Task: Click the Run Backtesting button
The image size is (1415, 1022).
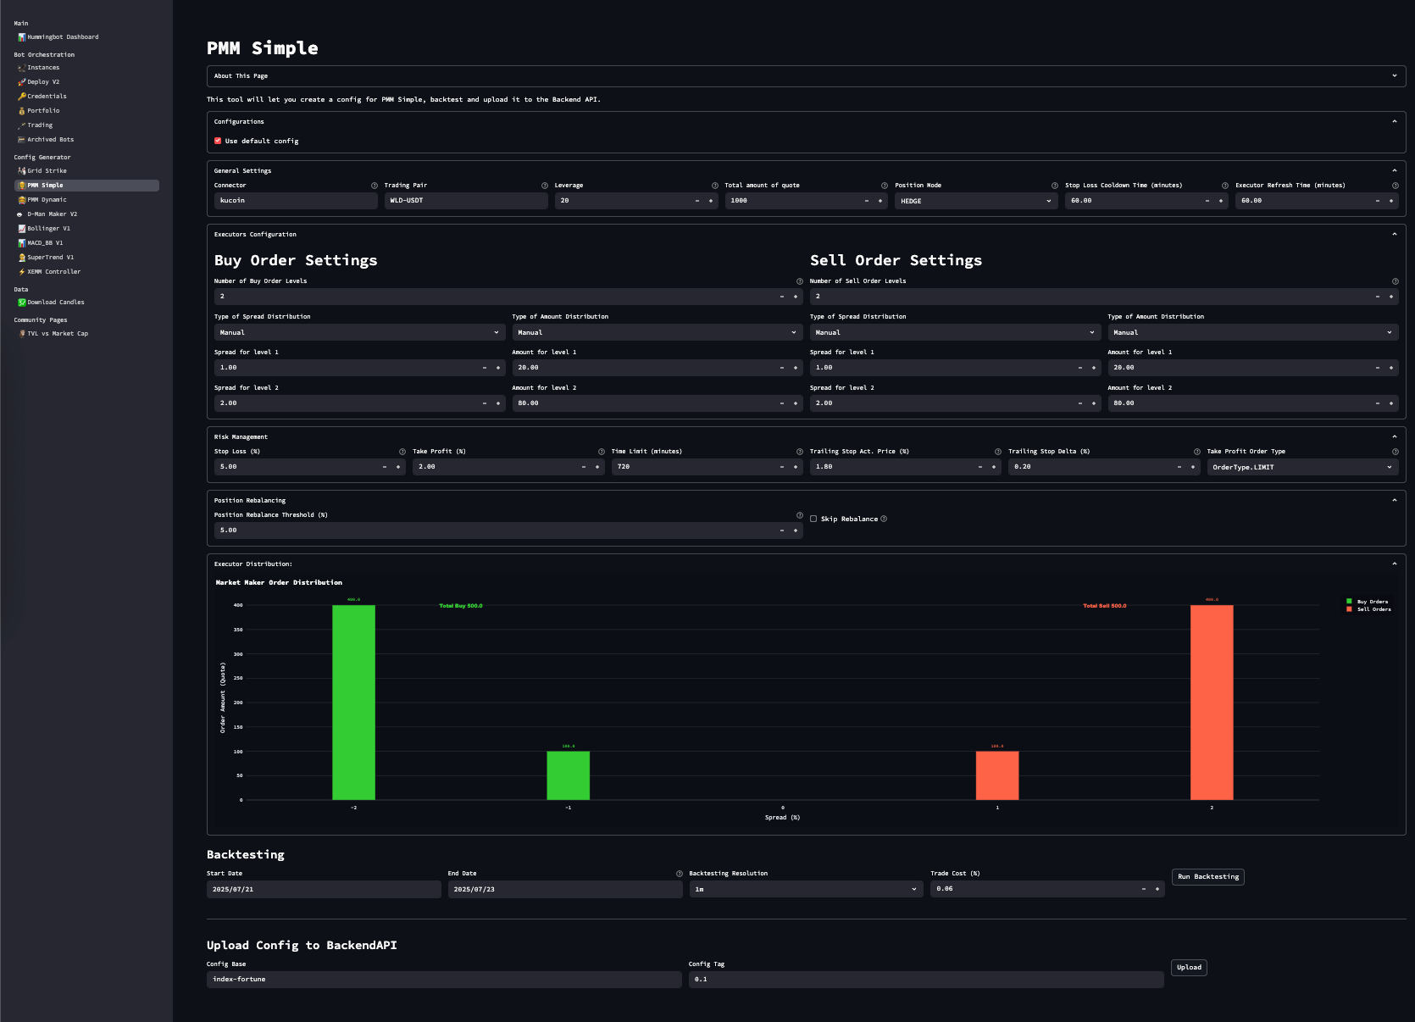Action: [x=1207, y=877]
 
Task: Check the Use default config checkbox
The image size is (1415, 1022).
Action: [x=218, y=142]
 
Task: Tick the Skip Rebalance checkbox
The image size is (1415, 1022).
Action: [x=813, y=519]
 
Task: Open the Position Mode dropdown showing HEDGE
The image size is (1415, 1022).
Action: [x=975, y=201]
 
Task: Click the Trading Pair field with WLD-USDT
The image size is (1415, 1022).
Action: [x=465, y=201]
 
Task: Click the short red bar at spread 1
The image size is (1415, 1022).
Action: [x=996, y=775]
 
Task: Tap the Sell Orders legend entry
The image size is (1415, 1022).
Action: [x=1373, y=609]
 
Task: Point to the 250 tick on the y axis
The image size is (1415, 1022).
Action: [x=238, y=678]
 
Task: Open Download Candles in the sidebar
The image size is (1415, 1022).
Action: [x=55, y=303]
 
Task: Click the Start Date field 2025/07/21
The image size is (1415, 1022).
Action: [x=323, y=890]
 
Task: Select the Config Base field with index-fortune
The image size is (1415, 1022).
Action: [x=443, y=980]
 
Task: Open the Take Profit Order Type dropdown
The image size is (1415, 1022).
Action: [x=1301, y=467]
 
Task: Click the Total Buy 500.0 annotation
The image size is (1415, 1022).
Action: [x=460, y=606]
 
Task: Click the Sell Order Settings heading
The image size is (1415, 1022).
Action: [x=896, y=260]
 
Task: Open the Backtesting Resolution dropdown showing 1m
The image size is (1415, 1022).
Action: [x=803, y=890]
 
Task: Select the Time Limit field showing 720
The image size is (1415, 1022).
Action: [x=692, y=467]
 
